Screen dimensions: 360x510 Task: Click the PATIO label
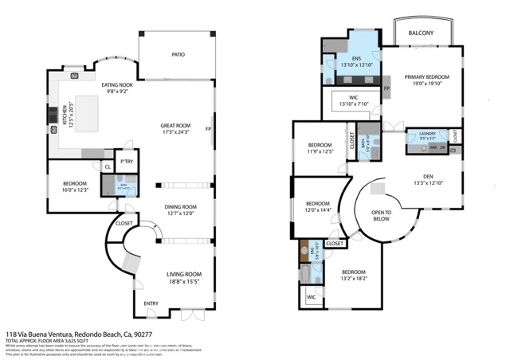pos(178,55)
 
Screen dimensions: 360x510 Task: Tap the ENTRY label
pos(151,303)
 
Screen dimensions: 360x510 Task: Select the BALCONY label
pos(421,33)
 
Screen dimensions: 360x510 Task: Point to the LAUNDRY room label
pos(423,134)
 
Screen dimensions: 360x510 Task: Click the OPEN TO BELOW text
pos(382,216)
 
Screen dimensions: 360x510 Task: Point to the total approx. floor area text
pos(48,341)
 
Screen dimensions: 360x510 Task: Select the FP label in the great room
pos(208,129)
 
